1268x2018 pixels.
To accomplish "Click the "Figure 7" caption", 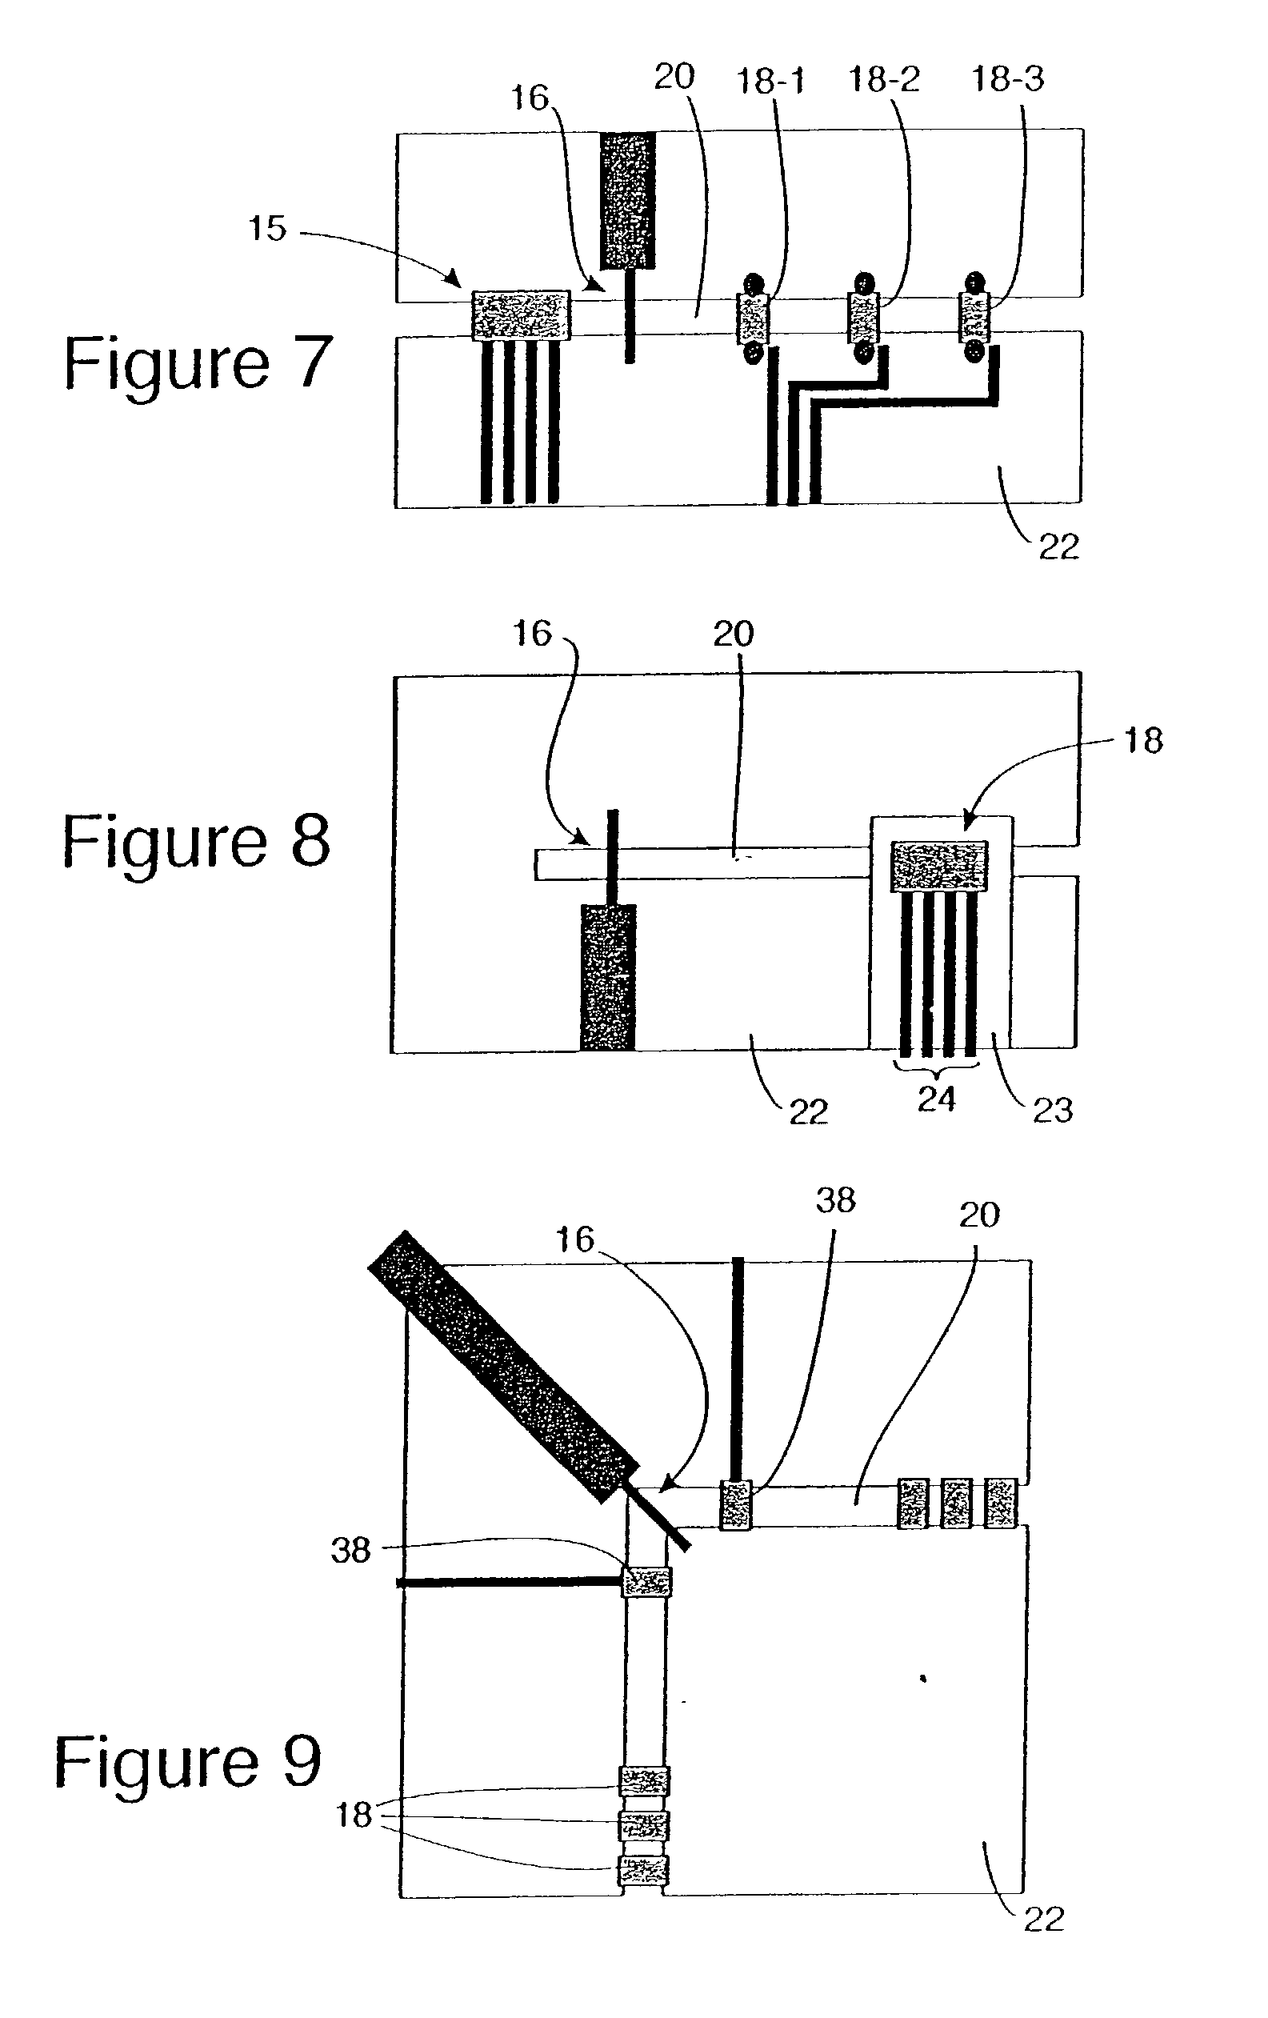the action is tap(198, 362).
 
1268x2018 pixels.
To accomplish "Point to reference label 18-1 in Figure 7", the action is tap(770, 81).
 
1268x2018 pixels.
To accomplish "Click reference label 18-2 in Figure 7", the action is tap(884, 78).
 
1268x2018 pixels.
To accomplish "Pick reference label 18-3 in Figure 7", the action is tap(1007, 78).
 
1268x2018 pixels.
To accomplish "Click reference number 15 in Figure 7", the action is tap(267, 228).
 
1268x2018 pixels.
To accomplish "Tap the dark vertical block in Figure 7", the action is tap(628, 201).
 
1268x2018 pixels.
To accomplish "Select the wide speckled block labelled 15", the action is tap(522, 315).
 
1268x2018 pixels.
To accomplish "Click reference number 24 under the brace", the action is tap(936, 1098).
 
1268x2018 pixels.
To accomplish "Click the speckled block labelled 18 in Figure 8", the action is tap(938, 867).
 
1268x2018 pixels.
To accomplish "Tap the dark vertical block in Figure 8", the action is tap(609, 977).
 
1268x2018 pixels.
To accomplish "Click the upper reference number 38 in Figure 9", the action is tap(835, 1200).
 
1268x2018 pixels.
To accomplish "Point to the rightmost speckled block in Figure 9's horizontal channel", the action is tap(1000, 1503).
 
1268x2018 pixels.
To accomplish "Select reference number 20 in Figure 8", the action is tap(734, 634).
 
